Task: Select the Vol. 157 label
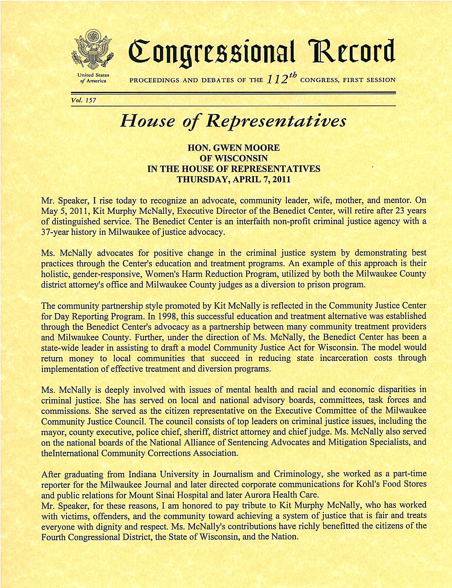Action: coord(83,100)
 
